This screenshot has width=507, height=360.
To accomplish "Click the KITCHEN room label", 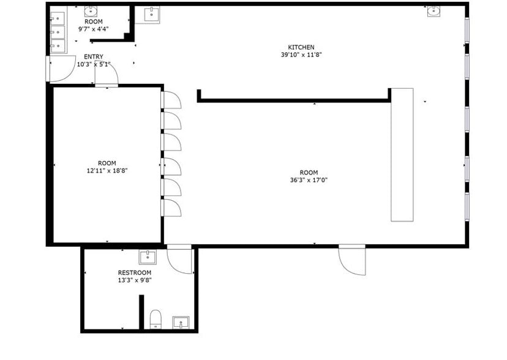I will click(x=301, y=47).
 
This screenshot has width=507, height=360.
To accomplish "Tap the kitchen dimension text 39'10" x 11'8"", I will click(x=301, y=54).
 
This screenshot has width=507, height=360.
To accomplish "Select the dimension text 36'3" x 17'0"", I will click(x=309, y=180).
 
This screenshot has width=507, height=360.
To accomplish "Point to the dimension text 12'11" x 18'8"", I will click(x=107, y=171).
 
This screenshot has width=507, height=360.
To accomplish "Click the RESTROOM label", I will click(x=135, y=272).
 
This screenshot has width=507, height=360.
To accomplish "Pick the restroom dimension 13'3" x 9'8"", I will click(x=135, y=280).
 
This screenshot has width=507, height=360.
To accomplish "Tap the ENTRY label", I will click(x=94, y=56).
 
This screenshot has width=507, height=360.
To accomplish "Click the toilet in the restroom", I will click(x=156, y=319).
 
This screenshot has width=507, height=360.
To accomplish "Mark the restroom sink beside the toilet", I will click(x=180, y=322).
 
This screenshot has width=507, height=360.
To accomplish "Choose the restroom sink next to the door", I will click(x=148, y=257).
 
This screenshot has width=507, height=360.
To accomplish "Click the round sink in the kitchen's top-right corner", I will click(x=434, y=10).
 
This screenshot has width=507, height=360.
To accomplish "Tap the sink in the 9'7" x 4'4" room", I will click(x=91, y=10).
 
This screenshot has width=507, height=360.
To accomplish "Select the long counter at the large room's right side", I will click(x=402, y=154).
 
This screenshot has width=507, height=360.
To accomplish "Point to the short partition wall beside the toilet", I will click(x=141, y=312).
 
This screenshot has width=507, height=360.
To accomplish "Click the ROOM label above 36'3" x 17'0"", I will click(x=309, y=172).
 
